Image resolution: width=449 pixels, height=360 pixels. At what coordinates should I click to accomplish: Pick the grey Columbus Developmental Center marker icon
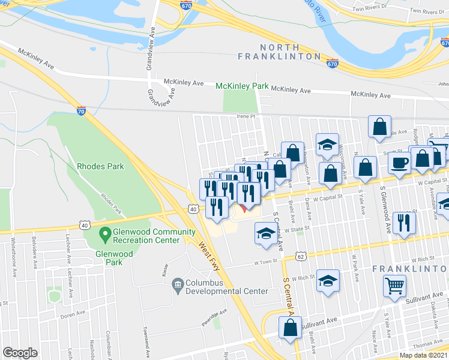tap(178, 283)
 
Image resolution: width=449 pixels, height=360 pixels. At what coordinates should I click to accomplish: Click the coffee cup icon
tap(399, 162)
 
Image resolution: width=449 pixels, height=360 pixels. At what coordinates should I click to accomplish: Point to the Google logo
tap(20, 352)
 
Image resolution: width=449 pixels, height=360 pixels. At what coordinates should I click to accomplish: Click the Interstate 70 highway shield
tap(81, 110)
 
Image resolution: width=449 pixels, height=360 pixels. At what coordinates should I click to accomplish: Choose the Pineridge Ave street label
tap(214, 314)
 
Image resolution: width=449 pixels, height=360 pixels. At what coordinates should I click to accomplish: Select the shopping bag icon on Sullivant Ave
tap(290, 328)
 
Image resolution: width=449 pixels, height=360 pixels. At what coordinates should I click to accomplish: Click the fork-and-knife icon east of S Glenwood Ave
tap(405, 223)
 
